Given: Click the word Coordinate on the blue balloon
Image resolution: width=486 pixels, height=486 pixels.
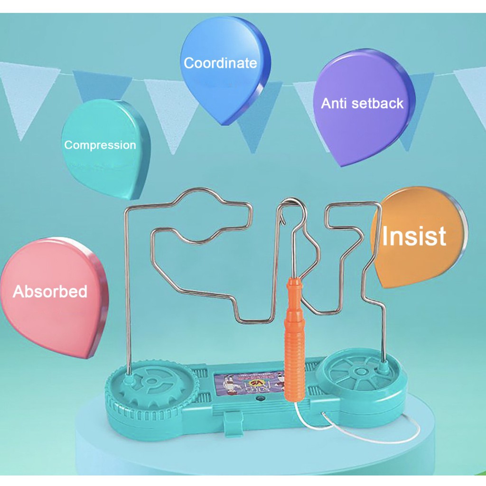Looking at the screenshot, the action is [x=220, y=64].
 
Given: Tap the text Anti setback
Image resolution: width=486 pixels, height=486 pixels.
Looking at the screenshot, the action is [x=362, y=103].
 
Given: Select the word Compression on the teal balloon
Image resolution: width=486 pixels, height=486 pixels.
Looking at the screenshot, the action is [x=100, y=145].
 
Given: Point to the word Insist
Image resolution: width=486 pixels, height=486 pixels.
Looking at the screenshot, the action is [x=414, y=236].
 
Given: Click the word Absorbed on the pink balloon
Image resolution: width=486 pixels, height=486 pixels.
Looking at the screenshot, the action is [x=50, y=291].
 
